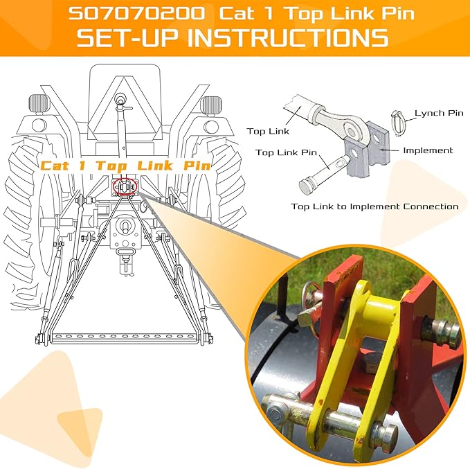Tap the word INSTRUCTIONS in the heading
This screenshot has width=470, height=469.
point(291,37)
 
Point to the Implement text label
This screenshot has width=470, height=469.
point(428,150)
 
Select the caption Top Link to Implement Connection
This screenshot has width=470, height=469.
point(374,206)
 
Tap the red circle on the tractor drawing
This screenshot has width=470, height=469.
point(125,187)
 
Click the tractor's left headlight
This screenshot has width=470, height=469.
point(40,105)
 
